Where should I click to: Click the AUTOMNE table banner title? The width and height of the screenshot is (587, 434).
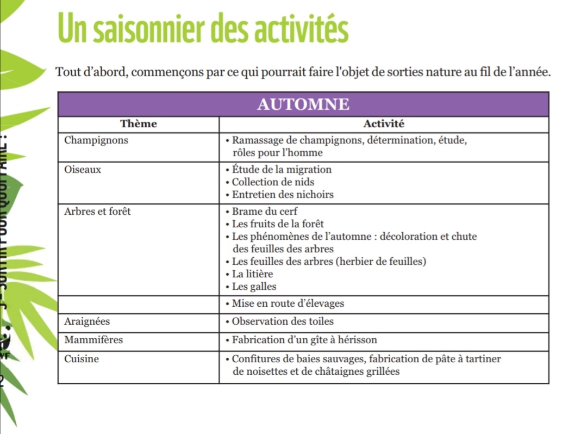[303, 104]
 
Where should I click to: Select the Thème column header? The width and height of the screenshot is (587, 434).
[138, 124]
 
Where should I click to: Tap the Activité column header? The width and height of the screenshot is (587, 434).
[384, 124]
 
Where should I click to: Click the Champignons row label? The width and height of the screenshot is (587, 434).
[96, 140]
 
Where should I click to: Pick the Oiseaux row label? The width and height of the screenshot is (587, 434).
[82, 170]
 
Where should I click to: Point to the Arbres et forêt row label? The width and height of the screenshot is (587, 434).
[97, 212]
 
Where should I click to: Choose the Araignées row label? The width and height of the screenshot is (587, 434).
[87, 321]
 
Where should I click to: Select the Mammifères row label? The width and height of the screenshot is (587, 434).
[93, 340]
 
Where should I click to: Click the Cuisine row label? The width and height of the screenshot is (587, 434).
[82, 359]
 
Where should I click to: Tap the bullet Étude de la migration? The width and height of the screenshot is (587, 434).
[282, 170]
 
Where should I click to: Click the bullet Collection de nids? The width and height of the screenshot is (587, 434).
[273, 182]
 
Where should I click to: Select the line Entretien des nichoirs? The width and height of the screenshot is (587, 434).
[283, 195]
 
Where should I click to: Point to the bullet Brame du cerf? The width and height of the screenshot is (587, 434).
[265, 212]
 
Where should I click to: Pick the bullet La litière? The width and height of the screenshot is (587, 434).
[252, 274]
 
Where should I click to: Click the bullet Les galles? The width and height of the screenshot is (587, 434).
[254, 287]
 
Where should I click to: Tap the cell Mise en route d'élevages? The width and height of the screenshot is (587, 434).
[288, 303]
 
